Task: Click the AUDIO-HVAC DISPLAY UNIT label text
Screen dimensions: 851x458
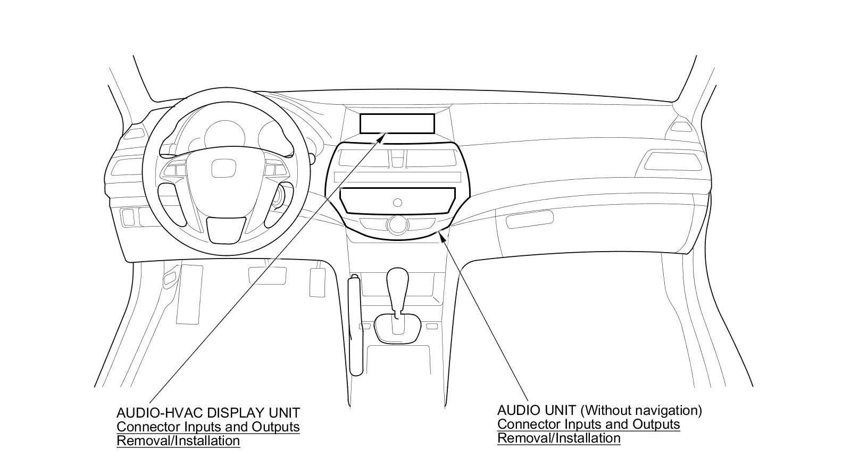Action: tap(208, 413)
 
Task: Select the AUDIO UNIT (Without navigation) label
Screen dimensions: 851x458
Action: tap(599, 411)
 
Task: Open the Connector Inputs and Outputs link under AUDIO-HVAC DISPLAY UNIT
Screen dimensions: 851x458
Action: tap(208, 427)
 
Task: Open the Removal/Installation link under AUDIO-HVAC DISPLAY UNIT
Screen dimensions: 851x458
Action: tap(178, 440)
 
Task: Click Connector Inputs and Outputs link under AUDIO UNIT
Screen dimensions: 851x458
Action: tap(588, 424)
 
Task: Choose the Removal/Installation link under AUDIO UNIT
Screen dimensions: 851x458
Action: tap(558, 438)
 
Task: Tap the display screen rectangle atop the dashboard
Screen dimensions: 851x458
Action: tap(397, 123)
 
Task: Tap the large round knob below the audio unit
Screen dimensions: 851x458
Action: tap(396, 224)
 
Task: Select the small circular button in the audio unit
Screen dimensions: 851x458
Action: tap(397, 202)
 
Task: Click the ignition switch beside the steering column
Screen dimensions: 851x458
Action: tap(278, 198)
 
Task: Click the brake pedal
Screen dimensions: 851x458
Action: tap(267, 275)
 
